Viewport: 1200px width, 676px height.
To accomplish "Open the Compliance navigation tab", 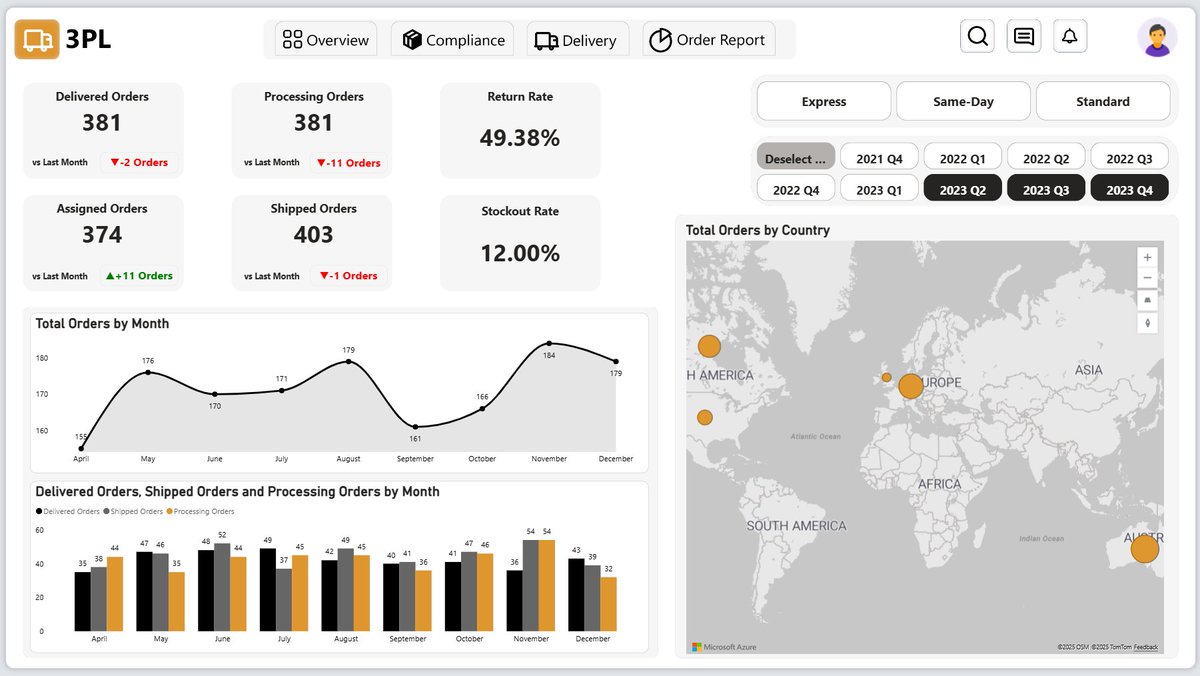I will pyautogui.click(x=452, y=40).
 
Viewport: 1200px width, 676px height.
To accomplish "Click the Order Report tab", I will pyautogui.click(x=709, y=40).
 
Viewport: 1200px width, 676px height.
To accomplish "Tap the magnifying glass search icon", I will pyautogui.click(x=978, y=37).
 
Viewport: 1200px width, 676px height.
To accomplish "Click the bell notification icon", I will pyautogui.click(x=1069, y=37).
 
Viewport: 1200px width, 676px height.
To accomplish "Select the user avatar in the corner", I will pyautogui.click(x=1157, y=38).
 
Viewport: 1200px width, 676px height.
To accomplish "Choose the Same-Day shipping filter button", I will pyautogui.click(x=963, y=101).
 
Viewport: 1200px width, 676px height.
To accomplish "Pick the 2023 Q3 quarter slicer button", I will pyautogui.click(x=1046, y=189).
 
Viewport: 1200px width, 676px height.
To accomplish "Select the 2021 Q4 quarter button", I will pyautogui.click(x=879, y=158).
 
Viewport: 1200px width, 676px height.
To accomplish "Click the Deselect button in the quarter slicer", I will pyautogui.click(x=795, y=158).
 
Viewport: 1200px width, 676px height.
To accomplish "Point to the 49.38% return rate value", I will pyautogui.click(x=519, y=138).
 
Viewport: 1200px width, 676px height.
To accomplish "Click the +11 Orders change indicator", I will pyautogui.click(x=139, y=276).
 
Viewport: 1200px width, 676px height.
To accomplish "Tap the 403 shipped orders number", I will pyautogui.click(x=313, y=235).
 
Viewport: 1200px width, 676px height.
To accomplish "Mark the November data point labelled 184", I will pyautogui.click(x=549, y=343).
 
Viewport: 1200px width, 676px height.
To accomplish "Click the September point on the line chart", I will pyautogui.click(x=415, y=427).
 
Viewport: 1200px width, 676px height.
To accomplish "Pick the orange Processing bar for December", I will pyautogui.click(x=608, y=604).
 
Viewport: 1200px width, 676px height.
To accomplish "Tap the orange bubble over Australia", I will pyautogui.click(x=1144, y=548).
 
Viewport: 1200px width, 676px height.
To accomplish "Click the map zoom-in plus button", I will pyautogui.click(x=1147, y=257).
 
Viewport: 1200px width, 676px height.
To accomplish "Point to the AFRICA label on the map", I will pyautogui.click(x=939, y=484).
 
